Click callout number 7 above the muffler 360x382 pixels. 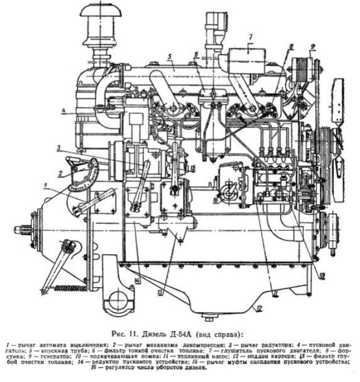coord(251,37)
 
